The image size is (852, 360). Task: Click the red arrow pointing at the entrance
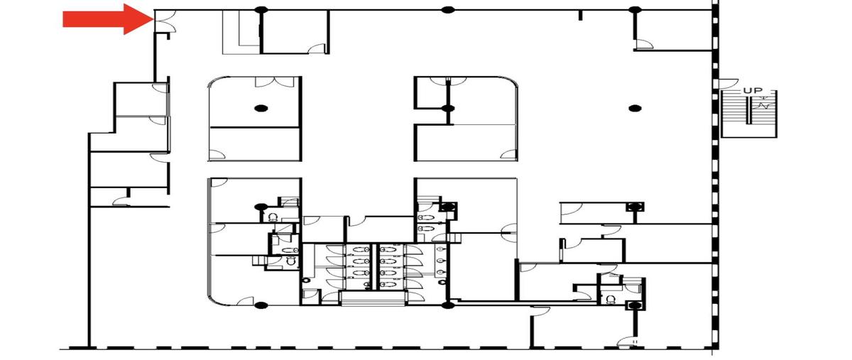[108, 19]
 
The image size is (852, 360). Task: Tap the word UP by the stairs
[753, 91]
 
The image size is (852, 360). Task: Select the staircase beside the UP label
[748, 114]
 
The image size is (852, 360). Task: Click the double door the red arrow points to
[165, 21]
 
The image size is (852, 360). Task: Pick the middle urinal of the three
[441, 261]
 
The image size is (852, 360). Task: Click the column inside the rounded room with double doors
[261, 109]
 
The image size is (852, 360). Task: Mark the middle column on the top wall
[448, 10]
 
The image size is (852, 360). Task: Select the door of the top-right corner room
[645, 45]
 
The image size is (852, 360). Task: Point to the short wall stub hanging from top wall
[581, 15]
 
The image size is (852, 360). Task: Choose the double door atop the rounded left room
[275, 82]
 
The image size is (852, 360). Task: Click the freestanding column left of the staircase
[635, 109]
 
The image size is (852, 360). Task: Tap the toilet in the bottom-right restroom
[611, 300]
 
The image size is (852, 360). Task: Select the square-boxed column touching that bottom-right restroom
[635, 305]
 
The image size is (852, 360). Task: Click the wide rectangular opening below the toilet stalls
[373, 298]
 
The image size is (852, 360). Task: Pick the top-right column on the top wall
[634, 10]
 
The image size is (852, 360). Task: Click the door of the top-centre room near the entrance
[317, 49]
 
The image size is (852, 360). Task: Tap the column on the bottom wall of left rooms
[261, 305]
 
